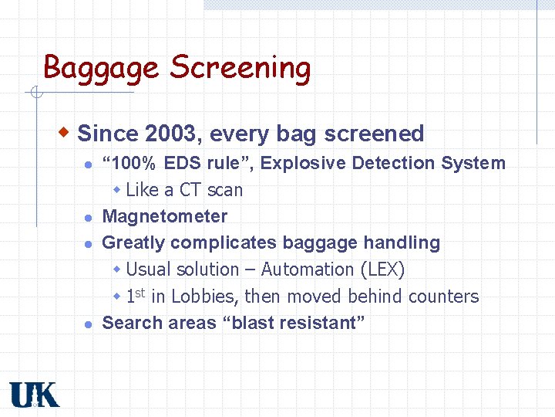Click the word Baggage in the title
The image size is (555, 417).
coord(103,68)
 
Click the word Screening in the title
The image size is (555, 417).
coord(240,68)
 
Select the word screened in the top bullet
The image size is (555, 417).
coord(374,134)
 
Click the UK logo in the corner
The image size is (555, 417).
coord(34,395)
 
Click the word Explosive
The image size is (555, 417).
coord(393,163)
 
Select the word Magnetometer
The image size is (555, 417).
coord(165,216)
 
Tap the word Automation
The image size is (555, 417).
coord(307,270)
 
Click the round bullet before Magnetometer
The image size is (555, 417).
coord(89,217)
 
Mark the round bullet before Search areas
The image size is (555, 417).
coord(89,324)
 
